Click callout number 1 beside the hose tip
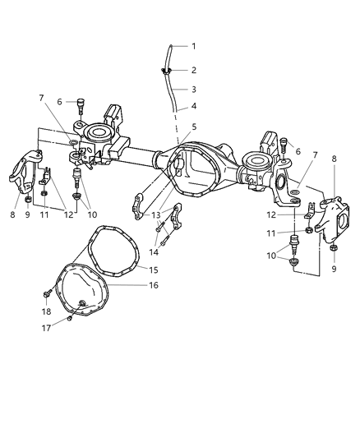[194, 46]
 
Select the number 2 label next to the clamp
[194, 70]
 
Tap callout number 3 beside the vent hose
[194, 89]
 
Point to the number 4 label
[194, 106]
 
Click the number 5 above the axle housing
[194, 127]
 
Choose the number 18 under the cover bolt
[46, 312]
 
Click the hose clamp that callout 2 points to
[168, 71]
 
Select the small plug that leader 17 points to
[70, 319]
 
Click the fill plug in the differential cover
[85, 306]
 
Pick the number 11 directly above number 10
[292, 233]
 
